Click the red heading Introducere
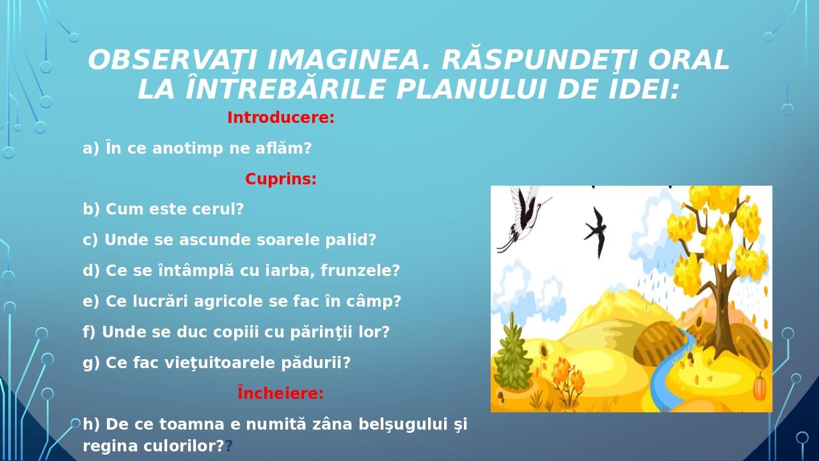coord(280,118)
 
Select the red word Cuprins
coord(280,179)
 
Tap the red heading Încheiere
coord(280,393)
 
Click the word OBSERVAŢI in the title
coord(172,60)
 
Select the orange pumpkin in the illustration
coord(759,387)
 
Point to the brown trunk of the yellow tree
coord(723,301)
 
